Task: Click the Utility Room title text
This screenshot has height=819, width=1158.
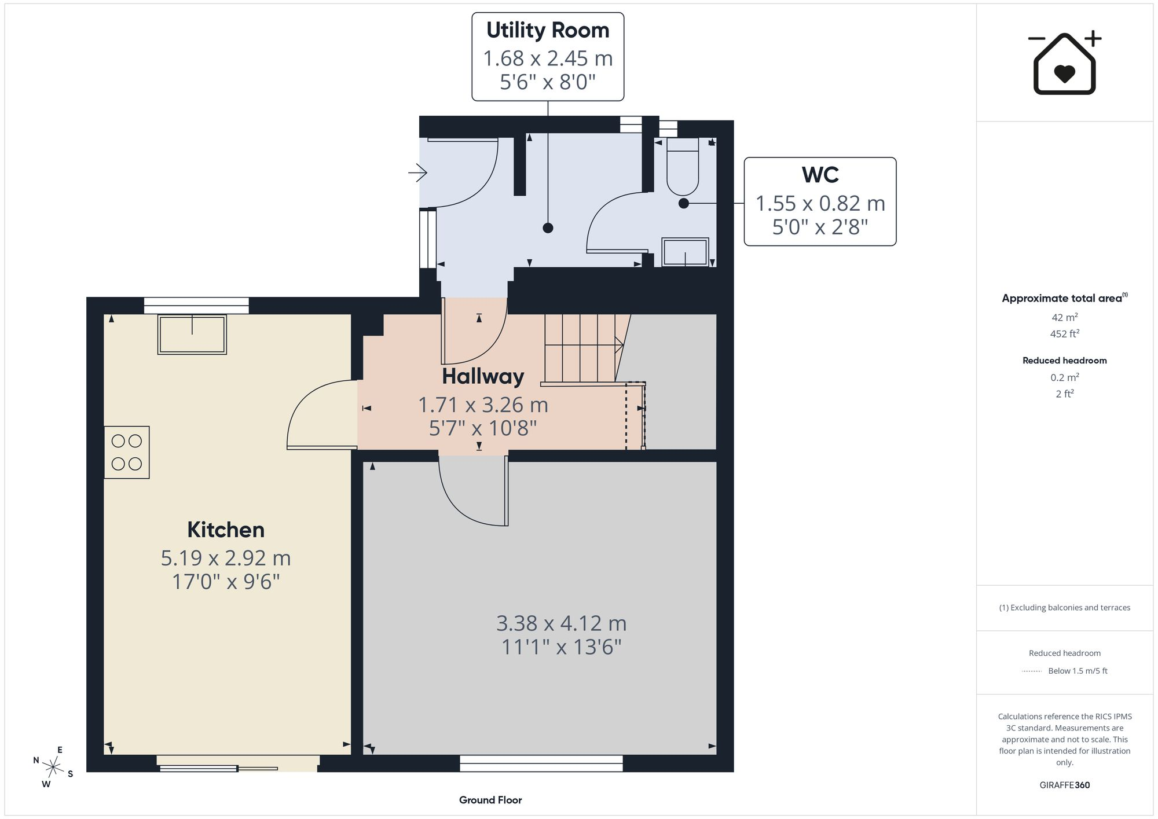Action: coord(548,30)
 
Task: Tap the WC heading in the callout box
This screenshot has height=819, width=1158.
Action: coord(820,175)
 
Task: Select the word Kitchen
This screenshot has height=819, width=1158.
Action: coord(226,530)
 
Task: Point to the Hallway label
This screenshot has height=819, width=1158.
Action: coord(483,376)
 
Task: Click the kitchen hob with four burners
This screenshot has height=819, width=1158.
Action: coord(127,452)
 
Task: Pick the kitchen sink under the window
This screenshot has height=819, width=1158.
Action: coord(192,334)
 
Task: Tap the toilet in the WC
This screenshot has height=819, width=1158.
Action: coord(683,166)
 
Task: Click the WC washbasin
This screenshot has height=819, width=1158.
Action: coord(685,252)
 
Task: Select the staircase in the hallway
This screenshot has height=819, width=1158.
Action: coord(584,349)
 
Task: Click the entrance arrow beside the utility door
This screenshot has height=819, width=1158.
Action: coord(417,172)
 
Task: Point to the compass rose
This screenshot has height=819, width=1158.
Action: coord(53,767)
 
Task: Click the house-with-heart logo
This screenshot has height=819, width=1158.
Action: coord(1065,63)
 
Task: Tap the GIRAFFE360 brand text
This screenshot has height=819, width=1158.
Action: coord(1065,785)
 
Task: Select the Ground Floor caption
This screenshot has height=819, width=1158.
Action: coord(490,800)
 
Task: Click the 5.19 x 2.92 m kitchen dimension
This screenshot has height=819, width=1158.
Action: coord(226,558)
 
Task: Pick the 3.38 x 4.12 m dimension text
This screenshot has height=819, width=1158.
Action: coord(561,623)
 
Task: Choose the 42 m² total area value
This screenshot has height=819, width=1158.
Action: coord(1065,317)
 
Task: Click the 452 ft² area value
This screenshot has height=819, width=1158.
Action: coord(1065,333)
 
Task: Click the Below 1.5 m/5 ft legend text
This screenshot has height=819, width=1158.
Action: coord(1078,671)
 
